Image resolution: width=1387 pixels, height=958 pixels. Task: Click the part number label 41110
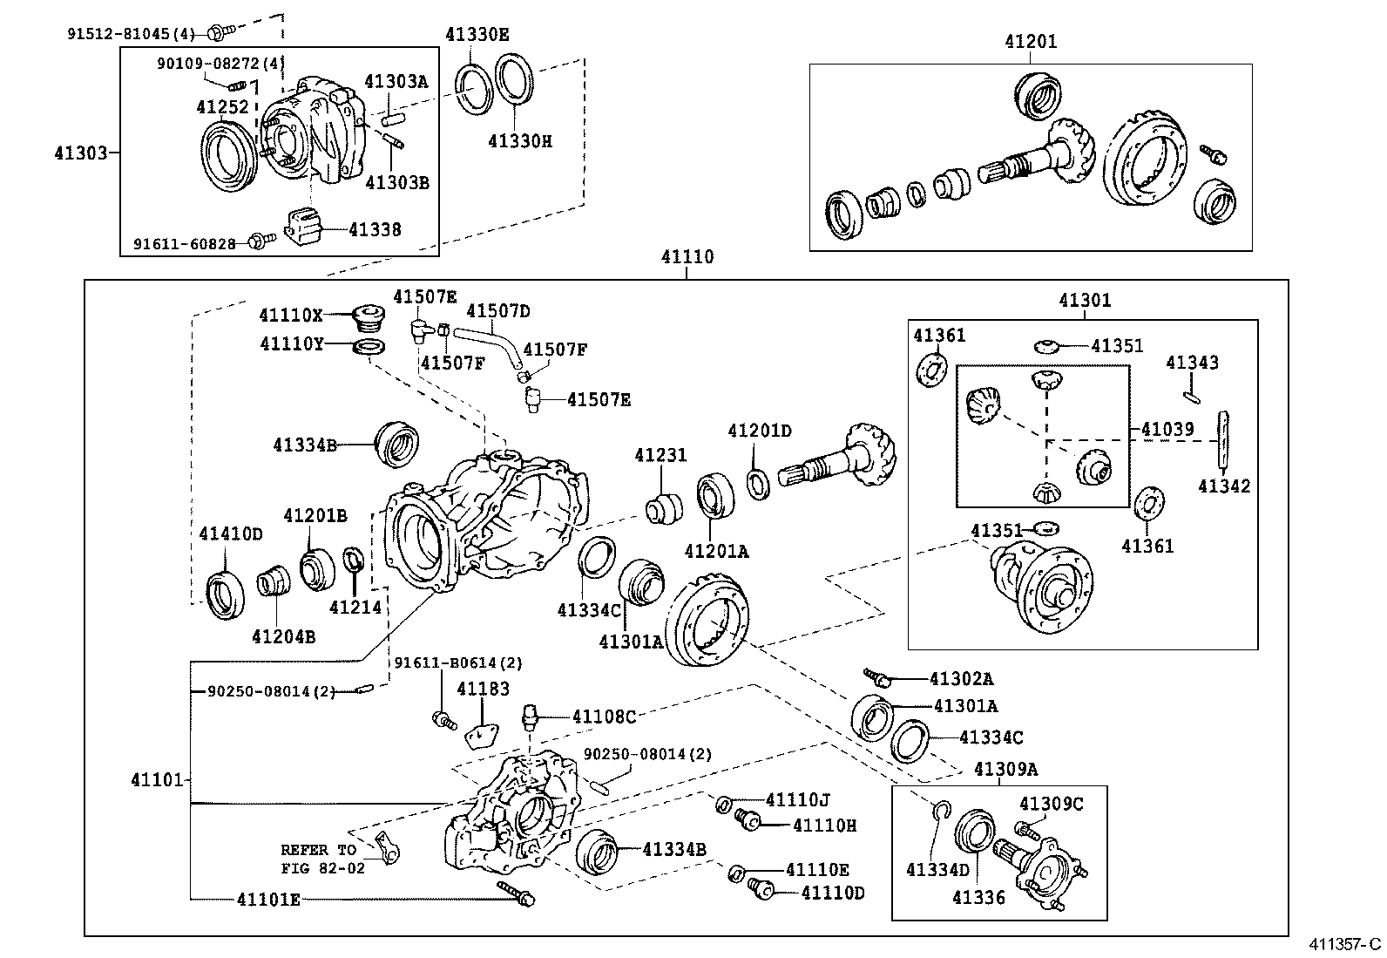click(687, 257)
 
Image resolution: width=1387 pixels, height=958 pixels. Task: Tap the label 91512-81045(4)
click(131, 34)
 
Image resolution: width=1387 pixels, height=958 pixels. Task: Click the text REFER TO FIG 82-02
click(318, 859)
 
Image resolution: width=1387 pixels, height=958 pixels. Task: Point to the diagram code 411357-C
click(1344, 944)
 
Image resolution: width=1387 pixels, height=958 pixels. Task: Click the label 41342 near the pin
click(1223, 486)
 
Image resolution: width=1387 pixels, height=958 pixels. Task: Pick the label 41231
click(660, 455)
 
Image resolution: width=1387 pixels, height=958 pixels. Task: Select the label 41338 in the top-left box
click(375, 229)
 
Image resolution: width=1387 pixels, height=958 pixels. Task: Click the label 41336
click(978, 897)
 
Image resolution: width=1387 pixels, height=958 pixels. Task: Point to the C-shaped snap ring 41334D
click(939, 812)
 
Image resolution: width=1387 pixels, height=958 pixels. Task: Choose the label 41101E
click(268, 899)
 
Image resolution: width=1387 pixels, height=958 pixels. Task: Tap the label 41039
click(1167, 429)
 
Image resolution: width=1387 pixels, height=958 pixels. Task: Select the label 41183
click(483, 689)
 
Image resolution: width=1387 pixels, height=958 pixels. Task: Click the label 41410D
click(230, 533)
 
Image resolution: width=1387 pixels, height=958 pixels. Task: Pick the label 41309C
click(1051, 803)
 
